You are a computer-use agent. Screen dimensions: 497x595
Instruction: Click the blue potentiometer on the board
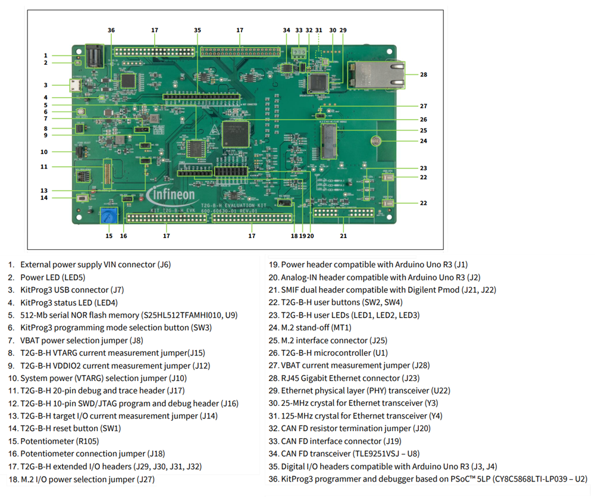point(108,214)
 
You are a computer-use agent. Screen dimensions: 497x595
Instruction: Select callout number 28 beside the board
point(423,74)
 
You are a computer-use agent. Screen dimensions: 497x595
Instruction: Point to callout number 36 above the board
point(111,30)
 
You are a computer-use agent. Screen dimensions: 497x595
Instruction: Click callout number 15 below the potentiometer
point(108,236)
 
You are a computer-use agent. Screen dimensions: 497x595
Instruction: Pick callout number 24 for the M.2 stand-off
point(423,141)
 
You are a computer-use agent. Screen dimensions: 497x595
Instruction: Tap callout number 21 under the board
point(343,236)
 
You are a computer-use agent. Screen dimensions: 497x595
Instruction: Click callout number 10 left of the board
point(44,152)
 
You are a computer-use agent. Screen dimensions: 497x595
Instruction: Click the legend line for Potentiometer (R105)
point(59,441)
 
